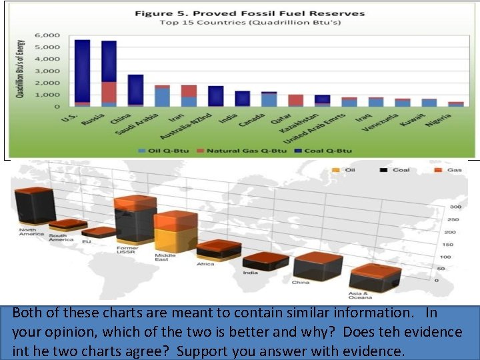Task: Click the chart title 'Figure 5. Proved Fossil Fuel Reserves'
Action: tap(249, 13)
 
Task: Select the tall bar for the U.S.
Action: tap(82, 73)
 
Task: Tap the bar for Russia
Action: tap(109, 73)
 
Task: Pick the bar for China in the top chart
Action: tap(135, 90)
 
